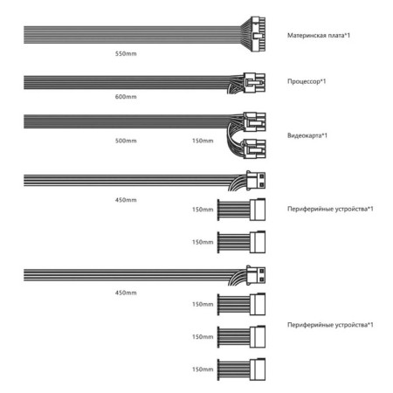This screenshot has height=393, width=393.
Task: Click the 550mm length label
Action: (x=126, y=53)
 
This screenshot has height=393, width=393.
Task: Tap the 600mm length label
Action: (x=126, y=97)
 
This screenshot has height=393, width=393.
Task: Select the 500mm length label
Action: (x=126, y=141)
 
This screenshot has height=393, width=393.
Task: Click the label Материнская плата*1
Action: (x=319, y=35)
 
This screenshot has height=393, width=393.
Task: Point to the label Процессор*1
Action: (x=307, y=81)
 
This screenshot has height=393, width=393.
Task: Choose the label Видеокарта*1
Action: (x=307, y=135)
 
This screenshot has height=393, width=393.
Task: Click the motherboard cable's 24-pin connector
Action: (x=258, y=34)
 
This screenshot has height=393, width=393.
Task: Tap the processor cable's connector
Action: (x=254, y=83)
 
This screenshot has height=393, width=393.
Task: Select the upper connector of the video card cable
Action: (x=254, y=121)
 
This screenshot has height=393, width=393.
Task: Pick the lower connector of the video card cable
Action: (x=254, y=148)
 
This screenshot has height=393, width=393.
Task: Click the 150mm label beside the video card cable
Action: (x=203, y=141)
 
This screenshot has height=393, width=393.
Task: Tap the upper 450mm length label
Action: (x=126, y=200)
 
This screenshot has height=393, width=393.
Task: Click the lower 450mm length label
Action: (x=126, y=293)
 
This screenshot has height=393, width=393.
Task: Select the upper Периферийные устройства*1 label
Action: (x=330, y=209)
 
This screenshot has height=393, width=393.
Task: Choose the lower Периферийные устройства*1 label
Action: (x=330, y=325)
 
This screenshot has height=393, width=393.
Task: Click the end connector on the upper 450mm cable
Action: (x=256, y=181)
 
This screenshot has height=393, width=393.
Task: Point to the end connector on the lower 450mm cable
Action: (x=256, y=275)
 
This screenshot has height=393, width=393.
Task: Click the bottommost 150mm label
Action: (x=203, y=369)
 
